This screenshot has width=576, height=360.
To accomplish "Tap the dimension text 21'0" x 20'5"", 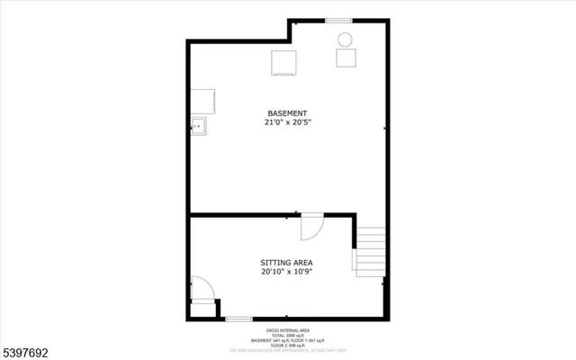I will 287,121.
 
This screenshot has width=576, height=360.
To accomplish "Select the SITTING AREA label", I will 287,262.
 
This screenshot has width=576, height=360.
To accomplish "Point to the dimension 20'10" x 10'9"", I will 287,271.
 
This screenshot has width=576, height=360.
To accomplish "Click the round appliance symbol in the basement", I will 345,39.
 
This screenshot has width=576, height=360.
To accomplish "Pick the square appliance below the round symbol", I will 346,57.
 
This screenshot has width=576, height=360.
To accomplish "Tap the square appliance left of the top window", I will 284,62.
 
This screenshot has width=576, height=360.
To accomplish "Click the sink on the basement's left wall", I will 198,126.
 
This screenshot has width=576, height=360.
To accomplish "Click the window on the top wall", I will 337,21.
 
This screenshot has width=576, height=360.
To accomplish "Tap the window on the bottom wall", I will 238,319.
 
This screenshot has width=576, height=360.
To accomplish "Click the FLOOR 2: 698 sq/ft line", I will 288,345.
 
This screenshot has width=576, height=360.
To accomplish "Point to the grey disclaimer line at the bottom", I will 288,351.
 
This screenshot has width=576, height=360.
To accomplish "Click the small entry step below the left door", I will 203,309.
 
